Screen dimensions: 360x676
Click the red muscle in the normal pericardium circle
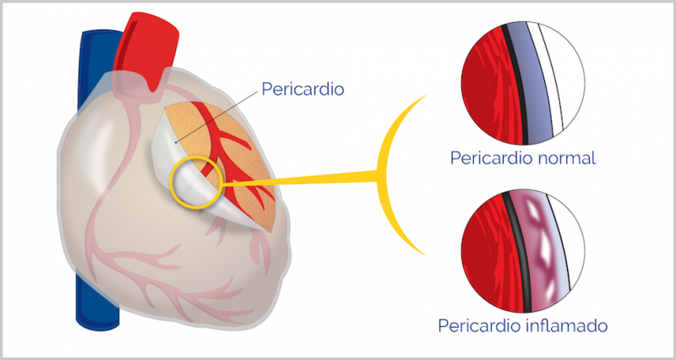485,85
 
